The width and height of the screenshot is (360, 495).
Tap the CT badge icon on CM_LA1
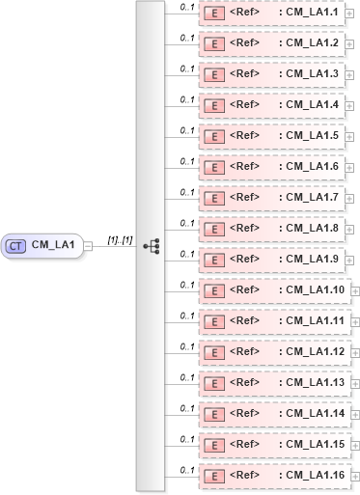pos(15,246)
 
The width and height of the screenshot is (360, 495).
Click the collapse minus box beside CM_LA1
pos(89,246)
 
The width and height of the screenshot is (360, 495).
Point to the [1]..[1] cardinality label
pos(121,237)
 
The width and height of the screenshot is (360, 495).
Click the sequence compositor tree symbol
pos(151,246)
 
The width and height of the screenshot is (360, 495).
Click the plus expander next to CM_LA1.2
pos(349,44)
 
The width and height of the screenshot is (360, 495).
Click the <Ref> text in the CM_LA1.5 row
pos(245,136)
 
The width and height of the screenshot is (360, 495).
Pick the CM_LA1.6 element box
pos(270,167)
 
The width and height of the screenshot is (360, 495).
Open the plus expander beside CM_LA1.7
pos(349,198)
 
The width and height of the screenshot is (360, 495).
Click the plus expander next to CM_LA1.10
pos(355,290)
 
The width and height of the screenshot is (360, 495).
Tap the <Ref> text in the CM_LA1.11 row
pos(245,321)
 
